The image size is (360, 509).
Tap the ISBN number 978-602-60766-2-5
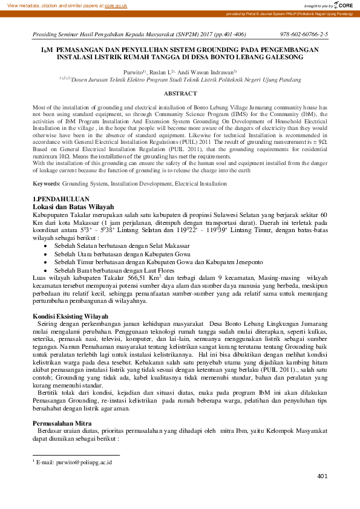(304, 35)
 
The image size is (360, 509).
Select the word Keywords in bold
(45, 182)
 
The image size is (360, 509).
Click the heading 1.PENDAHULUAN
(61, 199)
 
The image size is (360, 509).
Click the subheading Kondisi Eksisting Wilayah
(70, 316)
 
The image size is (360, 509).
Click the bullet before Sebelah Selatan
(46, 247)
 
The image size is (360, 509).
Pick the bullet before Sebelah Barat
(46, 271)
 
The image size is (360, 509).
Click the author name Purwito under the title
(133, 71)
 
